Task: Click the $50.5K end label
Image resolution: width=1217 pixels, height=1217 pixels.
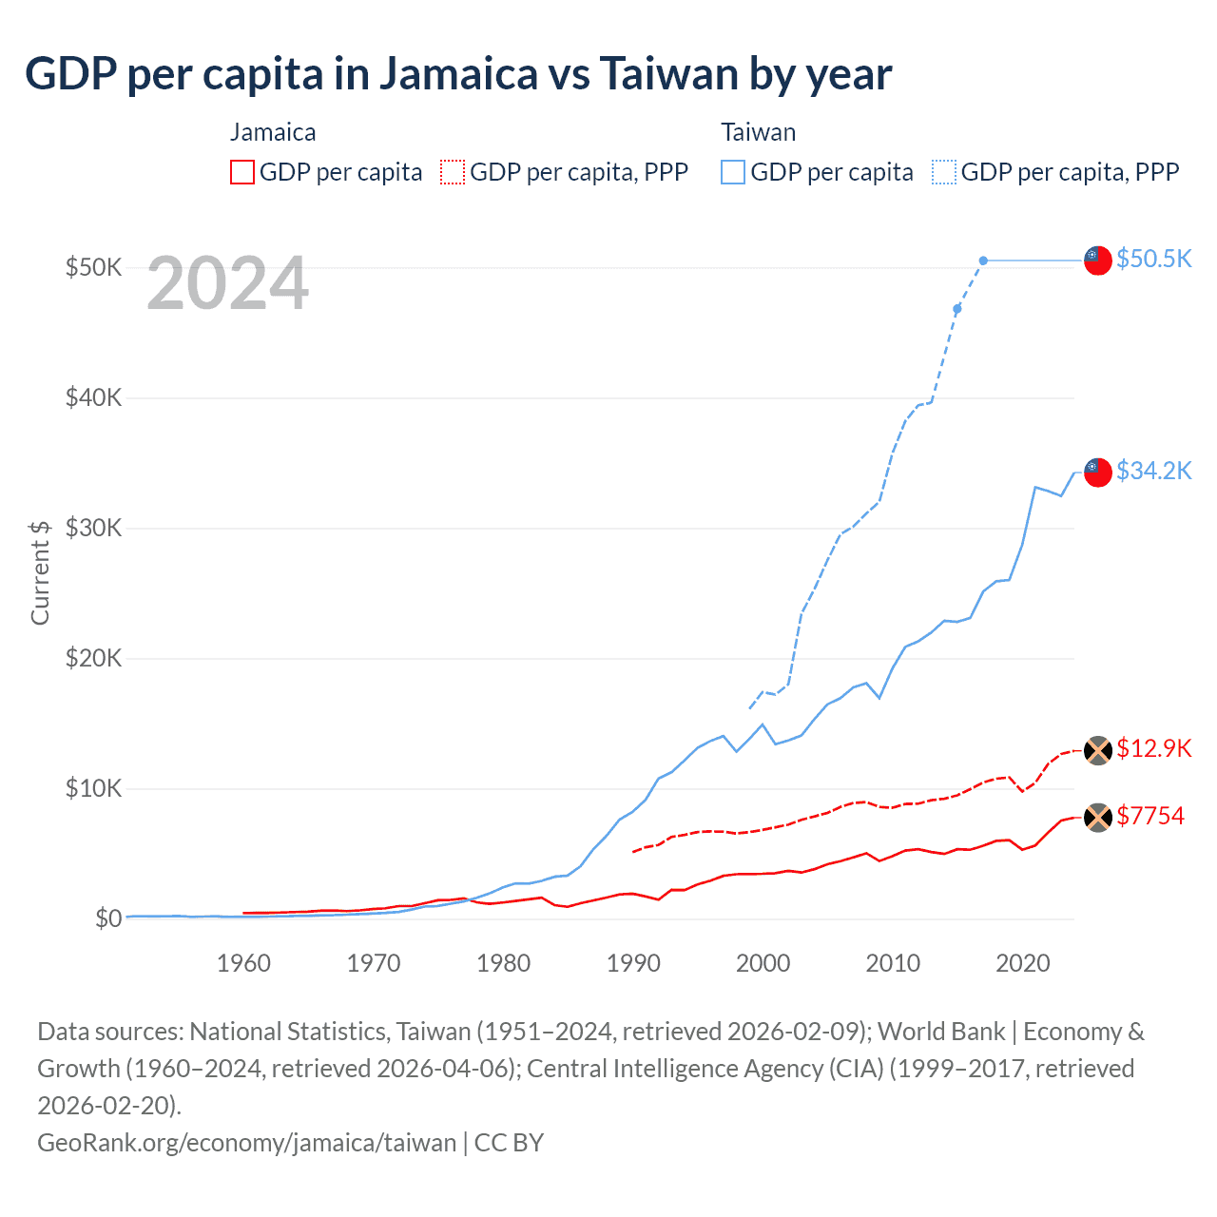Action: pyautogui.click(x=1153, y=259)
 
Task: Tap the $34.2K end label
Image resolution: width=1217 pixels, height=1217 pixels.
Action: pyautogui.click(x=1153, y=471)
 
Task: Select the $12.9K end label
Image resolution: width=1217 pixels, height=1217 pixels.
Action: pyautogui.click(x=1153, y=748)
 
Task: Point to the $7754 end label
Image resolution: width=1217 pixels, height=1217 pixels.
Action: pyautogui.click(x=1149, y=816)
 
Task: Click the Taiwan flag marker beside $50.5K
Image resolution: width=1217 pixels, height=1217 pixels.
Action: pyautogui.click(x=1098, y=260)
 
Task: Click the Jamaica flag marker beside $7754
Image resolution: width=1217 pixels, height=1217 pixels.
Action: pyautogui.click(x=1098, y=817)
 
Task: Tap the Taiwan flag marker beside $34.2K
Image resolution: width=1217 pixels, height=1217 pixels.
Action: pyautogui.click(x=1098, y=472)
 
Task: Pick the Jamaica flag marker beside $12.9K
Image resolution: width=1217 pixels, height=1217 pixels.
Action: pyautogui.click(x=1098, y=750)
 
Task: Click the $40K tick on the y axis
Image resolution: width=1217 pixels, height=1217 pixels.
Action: pyautogui.click(x=93, y=397)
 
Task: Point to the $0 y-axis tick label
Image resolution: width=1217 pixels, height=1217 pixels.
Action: pyautogui.click(x=108, y=918)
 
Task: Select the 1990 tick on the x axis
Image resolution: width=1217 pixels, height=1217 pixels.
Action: pyautogui.click(x=633, y=963)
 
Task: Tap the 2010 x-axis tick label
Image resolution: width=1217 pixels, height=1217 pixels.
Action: pyautogui.click(x=893, y=963)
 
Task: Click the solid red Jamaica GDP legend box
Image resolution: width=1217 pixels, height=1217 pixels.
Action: pyautogui.click(x=242, y=172)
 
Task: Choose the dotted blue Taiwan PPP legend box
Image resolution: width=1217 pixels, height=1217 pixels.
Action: pyautogui.click(x=944, y=172)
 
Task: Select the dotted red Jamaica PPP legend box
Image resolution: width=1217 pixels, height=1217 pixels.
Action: pyautogui.click(x=453, y=172)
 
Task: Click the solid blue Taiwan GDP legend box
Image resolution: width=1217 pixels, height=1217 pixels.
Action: pyautogui.click(x=733, y=172)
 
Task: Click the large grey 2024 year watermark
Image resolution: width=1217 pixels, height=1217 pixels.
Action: pyautogui.click(x=227, y=283)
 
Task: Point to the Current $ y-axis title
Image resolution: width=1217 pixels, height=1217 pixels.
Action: pyautogui.click(x=40, y=572)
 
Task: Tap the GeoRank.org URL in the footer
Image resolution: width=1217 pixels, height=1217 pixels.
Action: pyautogui.click(x=246, y=1142)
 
